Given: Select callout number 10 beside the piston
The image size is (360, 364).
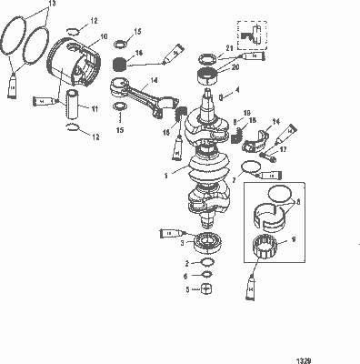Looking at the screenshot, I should coord(103,36).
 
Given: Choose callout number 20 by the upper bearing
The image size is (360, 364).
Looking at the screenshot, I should coord(235,67).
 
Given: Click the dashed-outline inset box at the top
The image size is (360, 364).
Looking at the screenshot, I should coord(254,34).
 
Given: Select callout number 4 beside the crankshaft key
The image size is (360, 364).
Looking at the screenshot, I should coord(238,89).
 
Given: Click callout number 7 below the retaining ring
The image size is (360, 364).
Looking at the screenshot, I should coord(235,180).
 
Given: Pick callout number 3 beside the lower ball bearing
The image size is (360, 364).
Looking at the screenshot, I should coord(184,243).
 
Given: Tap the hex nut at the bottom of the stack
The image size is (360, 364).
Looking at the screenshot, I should coord(206,290).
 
